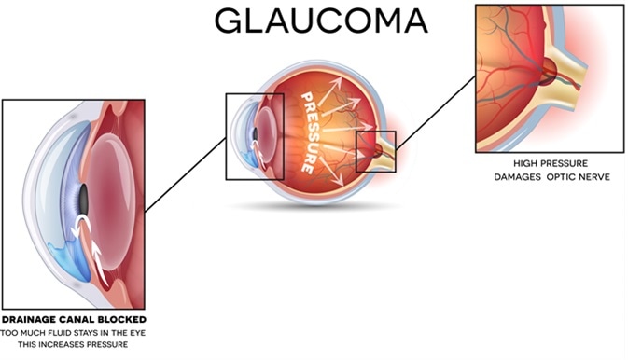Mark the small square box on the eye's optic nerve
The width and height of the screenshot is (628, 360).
[x=376, y=151]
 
